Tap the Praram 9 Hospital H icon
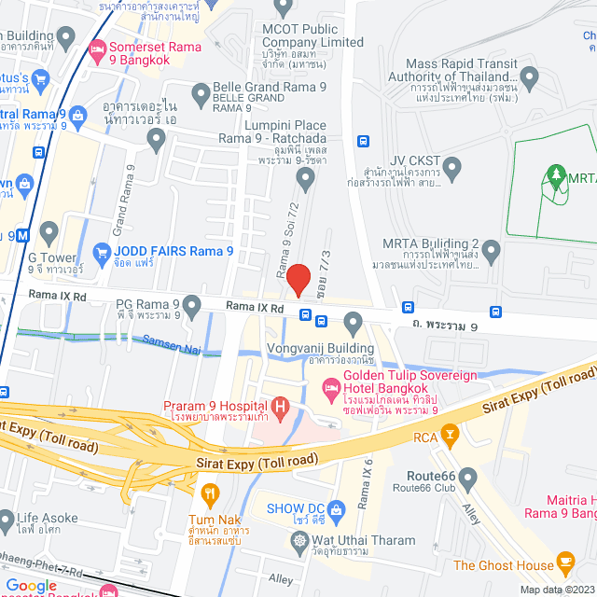279,406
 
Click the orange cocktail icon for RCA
450,434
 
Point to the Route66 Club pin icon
468,478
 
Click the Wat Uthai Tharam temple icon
299,540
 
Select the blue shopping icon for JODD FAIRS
103,252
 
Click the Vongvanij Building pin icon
353,323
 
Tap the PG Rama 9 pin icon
192,304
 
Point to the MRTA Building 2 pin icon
491,250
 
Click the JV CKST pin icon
452,169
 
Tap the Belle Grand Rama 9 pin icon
201,92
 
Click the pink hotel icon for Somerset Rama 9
97,48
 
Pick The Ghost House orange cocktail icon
565,562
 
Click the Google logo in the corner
31,586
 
